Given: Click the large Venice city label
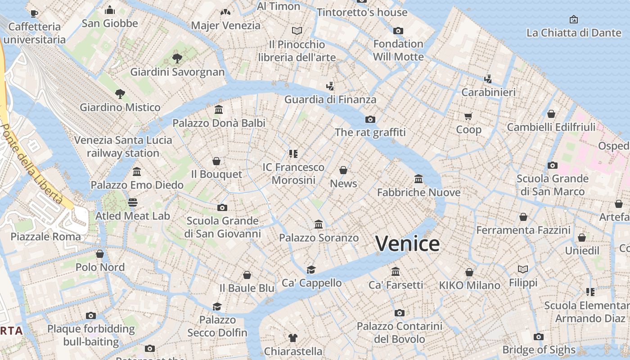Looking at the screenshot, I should (x=407, y=244).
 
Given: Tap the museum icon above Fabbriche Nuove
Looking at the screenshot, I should (x=418, y=179).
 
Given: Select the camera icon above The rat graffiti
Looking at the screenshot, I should (x=370, y=119).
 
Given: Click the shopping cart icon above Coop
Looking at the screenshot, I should (x=468, y=117).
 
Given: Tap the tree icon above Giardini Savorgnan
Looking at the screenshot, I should (x=177, y=58).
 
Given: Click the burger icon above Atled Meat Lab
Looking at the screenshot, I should (x=132, y=202).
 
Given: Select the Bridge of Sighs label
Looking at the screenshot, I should (x=539, y=350).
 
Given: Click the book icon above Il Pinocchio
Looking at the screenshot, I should (x=297, y=31).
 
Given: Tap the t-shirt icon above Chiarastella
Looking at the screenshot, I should (x=293, y=337).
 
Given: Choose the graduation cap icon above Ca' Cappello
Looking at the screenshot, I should (x=311, y=270).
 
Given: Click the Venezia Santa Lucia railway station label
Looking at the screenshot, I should (x=123, y=146).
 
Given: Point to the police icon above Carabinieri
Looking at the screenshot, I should (x=488, y=79).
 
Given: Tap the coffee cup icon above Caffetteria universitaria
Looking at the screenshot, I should (x=34, y=13).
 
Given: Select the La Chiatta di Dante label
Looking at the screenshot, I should (x=573, y=32).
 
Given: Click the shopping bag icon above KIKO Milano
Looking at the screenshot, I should (x=469, y=272).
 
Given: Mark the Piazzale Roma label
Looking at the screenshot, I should (x=46, y=237).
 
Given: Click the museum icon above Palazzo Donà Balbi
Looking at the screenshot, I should (x=219, y=109).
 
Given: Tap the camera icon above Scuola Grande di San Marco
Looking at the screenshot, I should (x=553, y=165).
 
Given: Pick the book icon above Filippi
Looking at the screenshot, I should (x=523, y=269).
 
